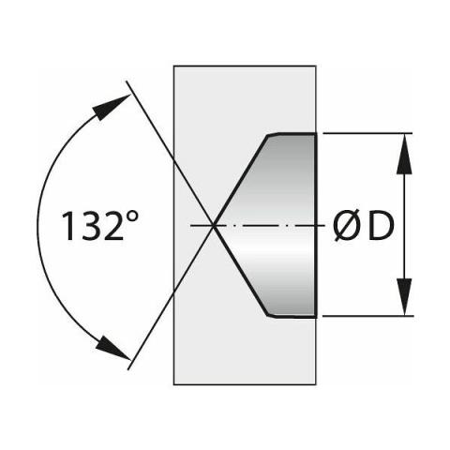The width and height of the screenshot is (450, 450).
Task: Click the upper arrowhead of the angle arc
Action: click(111, 107)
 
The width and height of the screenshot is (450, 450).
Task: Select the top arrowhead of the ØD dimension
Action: click(404, 153)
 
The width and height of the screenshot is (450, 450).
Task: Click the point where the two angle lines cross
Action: click(214, 225)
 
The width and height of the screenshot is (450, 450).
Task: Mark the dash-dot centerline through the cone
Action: click(257, 225)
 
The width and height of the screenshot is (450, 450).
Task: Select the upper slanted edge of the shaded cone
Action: click(241, 180)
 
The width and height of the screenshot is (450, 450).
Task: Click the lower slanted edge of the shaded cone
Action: click(241, 270)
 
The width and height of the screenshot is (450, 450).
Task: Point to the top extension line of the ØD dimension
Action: click(367, 133)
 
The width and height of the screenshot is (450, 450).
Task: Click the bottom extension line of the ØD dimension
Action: click(367, 316)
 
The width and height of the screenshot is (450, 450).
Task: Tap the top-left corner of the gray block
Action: click(173, 66)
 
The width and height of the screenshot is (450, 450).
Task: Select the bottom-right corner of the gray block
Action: click(316, 384)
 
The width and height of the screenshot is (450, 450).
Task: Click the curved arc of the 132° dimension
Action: click(37, 225)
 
